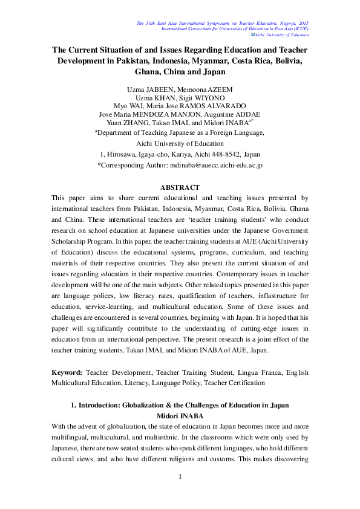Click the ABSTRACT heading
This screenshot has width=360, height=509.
[x=180, y=187]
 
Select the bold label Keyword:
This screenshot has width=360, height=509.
[x=67, y=372]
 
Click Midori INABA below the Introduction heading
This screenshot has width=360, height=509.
[x=180, y=416]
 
